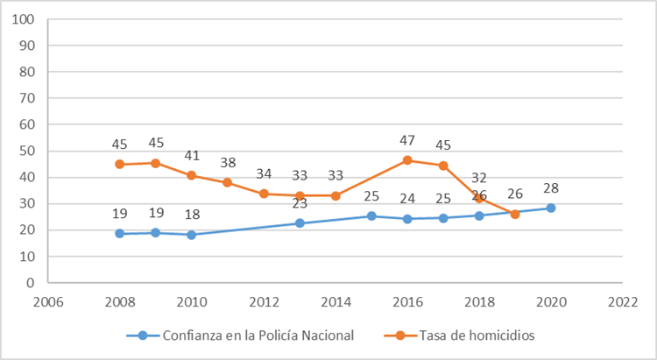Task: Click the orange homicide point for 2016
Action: (407, 160)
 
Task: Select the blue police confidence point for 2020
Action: (551, 208)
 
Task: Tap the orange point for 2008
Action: (119, 164)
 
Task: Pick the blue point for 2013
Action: (300, 223)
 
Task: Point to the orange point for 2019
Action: (515, 214)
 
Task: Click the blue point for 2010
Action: (191, 235)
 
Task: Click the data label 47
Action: (407, 140)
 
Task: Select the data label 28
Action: (551, 188)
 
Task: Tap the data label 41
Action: (191, 155)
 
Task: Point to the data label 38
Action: (227, 163)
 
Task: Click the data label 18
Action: (191, 215)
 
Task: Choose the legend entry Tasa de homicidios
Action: (466, 335)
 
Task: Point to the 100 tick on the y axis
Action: (23, 19)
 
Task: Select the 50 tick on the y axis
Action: (26, 152)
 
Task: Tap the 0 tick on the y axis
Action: (30, 283)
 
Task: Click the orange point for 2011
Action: (227, 182)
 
